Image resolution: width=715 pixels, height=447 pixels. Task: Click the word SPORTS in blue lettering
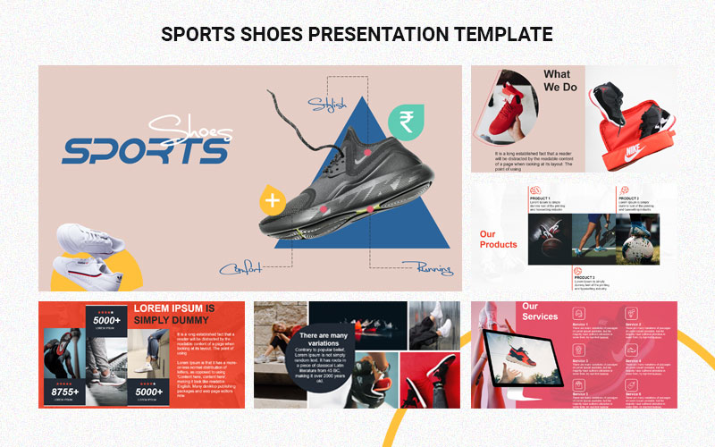[143, 151]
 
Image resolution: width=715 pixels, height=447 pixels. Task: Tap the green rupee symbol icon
[406, 121]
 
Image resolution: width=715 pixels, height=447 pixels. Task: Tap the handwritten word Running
[427, 266]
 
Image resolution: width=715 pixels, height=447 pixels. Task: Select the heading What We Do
[560, 80]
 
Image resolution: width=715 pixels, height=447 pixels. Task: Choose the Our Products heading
[499, 240]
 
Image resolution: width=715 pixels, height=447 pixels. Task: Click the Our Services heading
[539, 311]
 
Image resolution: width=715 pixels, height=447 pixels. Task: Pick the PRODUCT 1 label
[540, 198]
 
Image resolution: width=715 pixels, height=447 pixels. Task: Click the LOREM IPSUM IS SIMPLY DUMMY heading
[183, 314]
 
